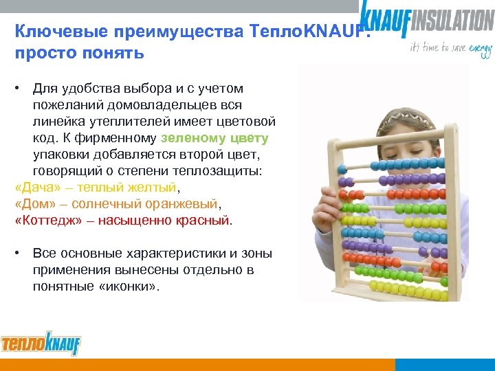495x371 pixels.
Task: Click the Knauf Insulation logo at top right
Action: pyautogui.click(x=426, y=19)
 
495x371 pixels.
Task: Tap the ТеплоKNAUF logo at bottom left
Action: pyautogui.click(x=41, y=343)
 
